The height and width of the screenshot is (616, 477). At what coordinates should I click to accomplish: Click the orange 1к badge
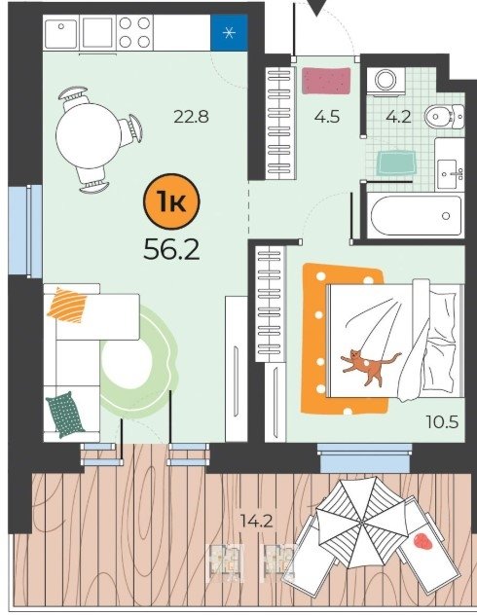click(171, 201)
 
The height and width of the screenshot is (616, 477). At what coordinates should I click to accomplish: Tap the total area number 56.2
click(171, 249)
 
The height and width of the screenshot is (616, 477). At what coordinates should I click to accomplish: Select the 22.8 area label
click(192, 117)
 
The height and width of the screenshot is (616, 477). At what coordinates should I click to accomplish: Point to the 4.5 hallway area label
click(327, 117)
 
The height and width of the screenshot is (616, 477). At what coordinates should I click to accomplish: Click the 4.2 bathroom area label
click(398, 117)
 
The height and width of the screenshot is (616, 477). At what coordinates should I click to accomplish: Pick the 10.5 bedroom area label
click(442, 422)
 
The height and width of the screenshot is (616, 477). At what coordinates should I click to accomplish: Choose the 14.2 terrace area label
click(258, 522)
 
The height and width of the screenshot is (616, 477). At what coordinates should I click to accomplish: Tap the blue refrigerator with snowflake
click(229, 33)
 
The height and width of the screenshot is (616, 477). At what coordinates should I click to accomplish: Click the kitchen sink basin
click(61, 33)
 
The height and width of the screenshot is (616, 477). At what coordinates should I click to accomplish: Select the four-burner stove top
click(134, 33)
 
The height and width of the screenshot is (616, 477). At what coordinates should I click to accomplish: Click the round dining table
click(89, 136)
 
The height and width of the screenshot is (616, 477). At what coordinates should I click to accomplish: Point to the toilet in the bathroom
click(444, 116)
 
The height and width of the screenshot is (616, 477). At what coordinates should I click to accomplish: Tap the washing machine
click(385, 82)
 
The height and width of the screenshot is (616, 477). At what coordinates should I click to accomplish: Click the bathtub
click(416, 216)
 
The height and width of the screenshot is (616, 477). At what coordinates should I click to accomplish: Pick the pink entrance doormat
click(326, 81)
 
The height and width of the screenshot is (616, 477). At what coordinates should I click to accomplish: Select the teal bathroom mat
click(396, 163)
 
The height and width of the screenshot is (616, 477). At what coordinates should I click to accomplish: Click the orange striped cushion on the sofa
click(67, 306)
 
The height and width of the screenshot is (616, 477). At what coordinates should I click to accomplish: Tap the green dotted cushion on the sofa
click(65, 415)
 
